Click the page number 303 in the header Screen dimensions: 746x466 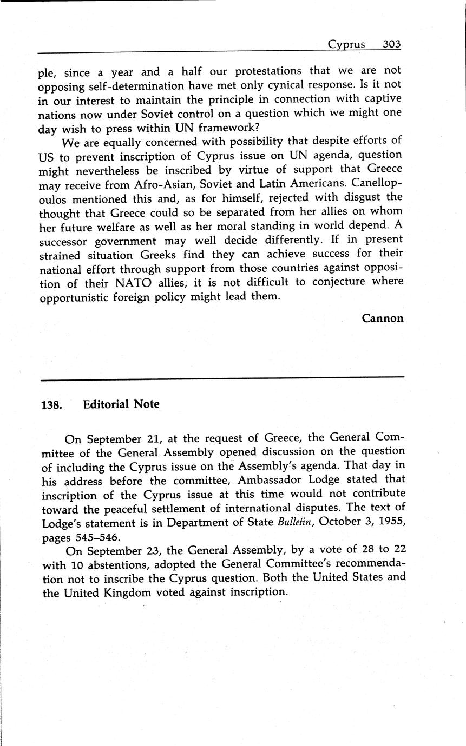(x=391, y=44)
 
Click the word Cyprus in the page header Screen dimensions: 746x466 (x=346, y=45)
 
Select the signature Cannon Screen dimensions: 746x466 (x=383, y=318)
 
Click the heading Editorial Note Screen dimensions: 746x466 (x=121, y=404)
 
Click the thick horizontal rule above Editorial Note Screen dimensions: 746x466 (x=222, y=377)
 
